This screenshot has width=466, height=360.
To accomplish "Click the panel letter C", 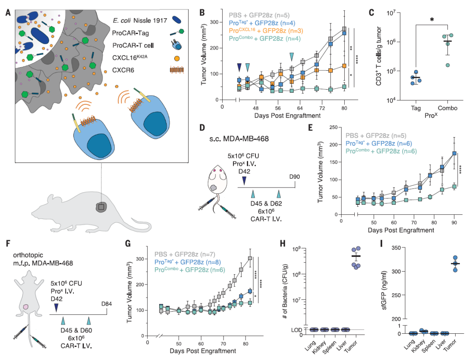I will point(371,13).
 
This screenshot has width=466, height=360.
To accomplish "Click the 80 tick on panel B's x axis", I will point(344,108).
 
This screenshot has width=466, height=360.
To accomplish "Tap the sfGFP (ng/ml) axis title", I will point(382,291).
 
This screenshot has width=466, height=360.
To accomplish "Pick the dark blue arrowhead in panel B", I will point(239,66).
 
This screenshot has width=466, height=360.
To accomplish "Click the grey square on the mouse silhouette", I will point(101,208).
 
